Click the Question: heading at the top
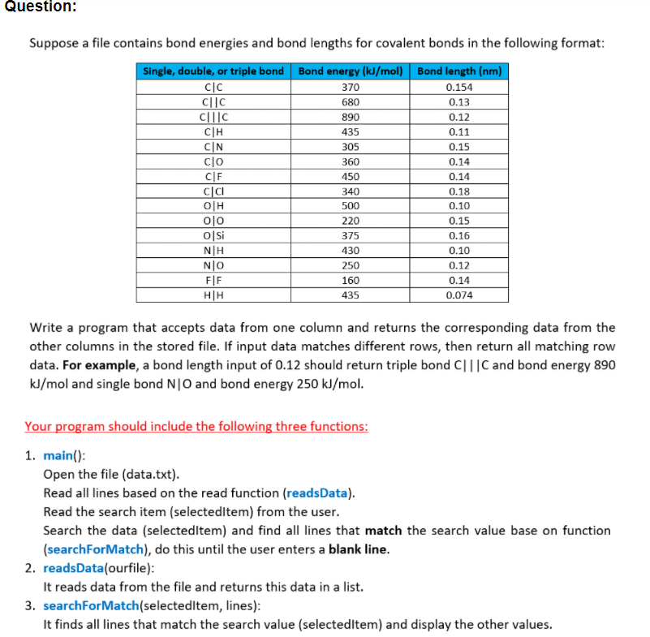click(39, 6)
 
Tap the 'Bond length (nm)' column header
click(459, 71)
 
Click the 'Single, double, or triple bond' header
click(213, 71)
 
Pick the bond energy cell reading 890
click(351, 117)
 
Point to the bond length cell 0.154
click(459, 87)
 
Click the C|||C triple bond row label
click(213, 117)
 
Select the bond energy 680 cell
click(351, 102)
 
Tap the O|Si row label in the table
click(213, 235)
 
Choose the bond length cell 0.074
click(459, 295)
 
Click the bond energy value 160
click(351, 281)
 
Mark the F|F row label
click(213, 281)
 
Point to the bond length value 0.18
click(459, 192)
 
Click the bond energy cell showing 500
click(351, 206)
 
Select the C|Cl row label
click(213, 192)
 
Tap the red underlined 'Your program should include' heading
click(196, 426)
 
